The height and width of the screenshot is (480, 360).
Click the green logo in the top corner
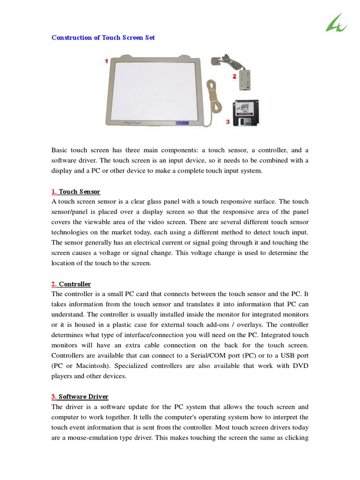[x=336, y=23]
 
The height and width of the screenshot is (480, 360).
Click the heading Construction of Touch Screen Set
[x=103, y=37]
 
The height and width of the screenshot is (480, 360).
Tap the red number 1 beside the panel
[x=106, y=61]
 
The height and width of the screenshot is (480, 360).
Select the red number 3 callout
[x=228, y=122]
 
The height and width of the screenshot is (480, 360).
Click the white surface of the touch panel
[x=155, y=89]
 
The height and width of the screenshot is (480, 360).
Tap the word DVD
[x=301, y=366]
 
